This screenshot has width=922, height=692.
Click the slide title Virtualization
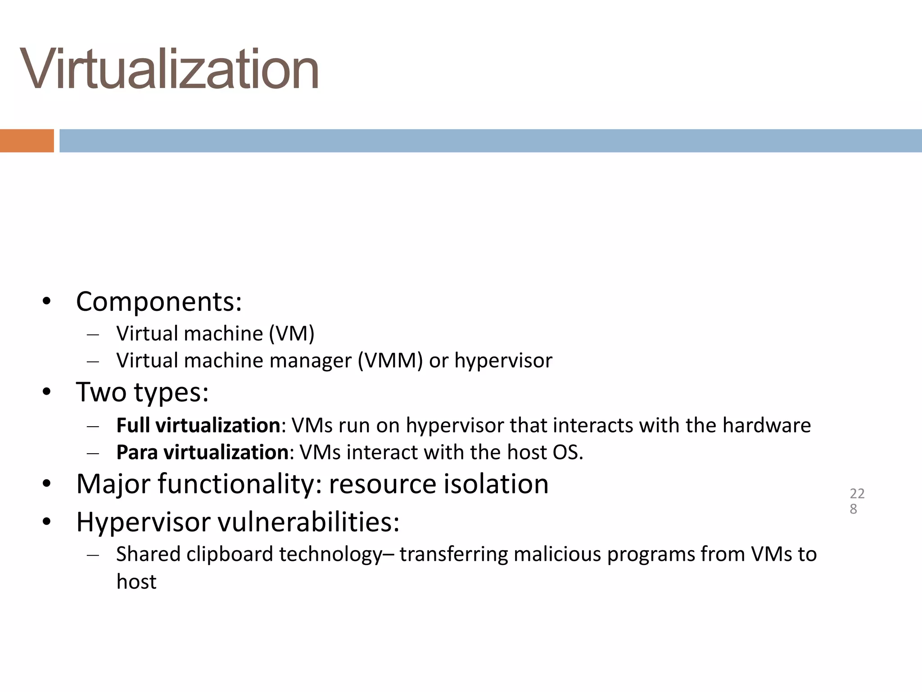click(x=169, y=70)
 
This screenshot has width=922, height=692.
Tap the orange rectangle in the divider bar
click(x=27, y=141)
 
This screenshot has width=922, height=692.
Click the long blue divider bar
click(x=490, y=141)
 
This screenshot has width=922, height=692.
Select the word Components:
click(x=159, y=301)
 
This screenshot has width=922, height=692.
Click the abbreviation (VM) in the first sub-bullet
click(x=292, y=334)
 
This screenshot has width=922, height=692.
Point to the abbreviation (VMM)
click(x=390, y=361)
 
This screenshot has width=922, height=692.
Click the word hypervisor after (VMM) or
click(x=503, y=361)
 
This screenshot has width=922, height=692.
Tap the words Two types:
click(x=142, y=392)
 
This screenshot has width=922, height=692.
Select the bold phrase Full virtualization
click(x=198, y=425)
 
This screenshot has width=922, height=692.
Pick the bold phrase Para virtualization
click(x=202, y=452)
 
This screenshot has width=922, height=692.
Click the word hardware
click(x=766, y=425)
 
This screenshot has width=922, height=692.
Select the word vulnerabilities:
click(x=309, y=523)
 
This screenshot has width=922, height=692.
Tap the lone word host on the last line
click(x=136, y=582)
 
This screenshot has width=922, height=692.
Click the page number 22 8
click(x=857, y=501)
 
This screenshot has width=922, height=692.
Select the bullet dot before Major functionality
click(x=47, y=484)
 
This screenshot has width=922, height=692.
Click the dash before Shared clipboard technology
click(x=93, y=555)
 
